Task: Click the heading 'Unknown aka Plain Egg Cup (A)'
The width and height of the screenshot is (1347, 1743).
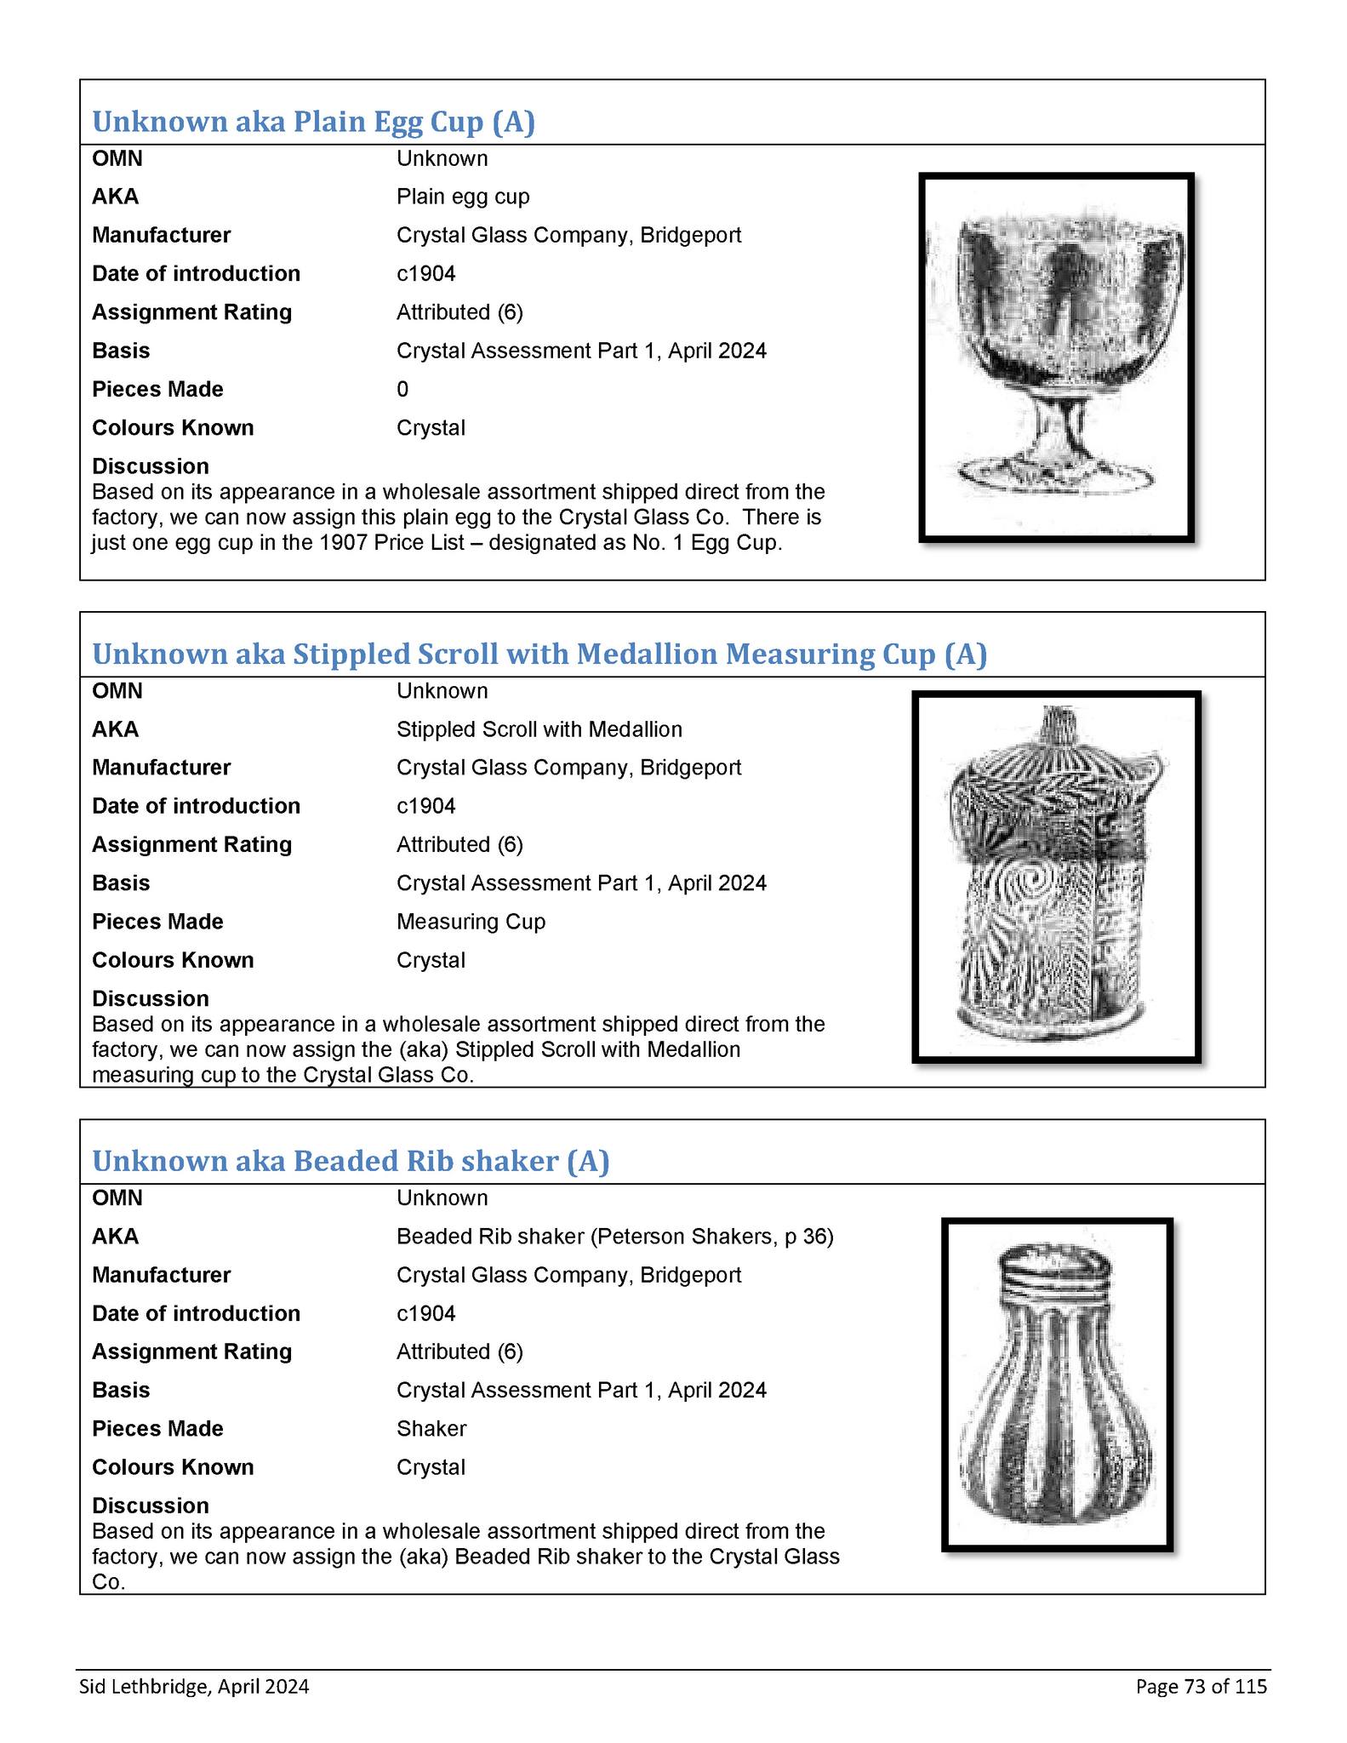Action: (x=313, y=122)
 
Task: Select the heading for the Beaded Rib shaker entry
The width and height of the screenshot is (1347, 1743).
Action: (x=351, y=1161)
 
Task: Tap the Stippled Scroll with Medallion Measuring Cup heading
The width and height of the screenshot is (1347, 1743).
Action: (x=539, y=654)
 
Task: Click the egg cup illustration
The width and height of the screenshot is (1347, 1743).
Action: (x=1057, y=357)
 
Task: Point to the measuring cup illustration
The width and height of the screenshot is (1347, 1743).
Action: (x=1056, y=877)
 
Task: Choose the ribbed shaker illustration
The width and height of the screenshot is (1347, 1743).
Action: (x=1057, y=1385)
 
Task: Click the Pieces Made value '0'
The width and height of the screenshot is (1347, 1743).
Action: (x=402, y=390)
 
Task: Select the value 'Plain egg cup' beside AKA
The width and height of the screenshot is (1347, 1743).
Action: (x=463, y=197)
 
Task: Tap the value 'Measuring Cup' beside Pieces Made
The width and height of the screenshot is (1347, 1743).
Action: (x=471, y=922)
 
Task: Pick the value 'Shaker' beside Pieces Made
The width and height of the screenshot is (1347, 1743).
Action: (x=431, y=1429)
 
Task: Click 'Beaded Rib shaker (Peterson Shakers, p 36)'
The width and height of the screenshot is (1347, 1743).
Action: (x=614, y=1237)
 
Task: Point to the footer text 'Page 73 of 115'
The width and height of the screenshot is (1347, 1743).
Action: (x=1201, y=1687)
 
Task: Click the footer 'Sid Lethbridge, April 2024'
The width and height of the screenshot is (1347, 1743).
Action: (x=194, y=1687)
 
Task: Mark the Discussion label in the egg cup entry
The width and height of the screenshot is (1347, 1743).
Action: (x=151, y=466)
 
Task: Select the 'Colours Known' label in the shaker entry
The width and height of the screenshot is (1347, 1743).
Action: (x=173, y=1467)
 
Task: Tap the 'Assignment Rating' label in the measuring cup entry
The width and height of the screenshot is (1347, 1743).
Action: (x=191, y=845)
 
